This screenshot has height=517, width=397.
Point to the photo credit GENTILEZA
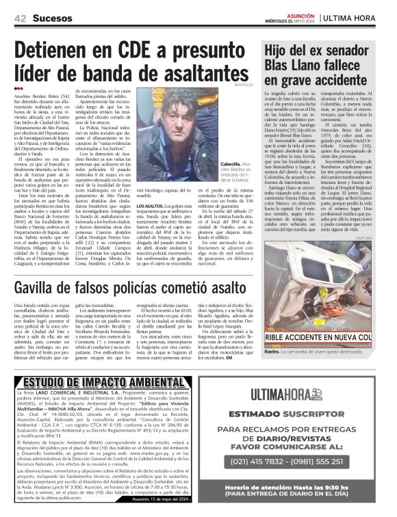pos(244,85)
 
